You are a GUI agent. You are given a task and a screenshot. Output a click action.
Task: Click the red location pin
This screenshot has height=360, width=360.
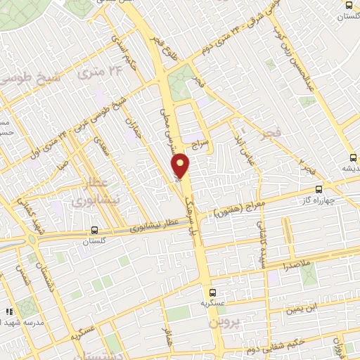[x=181, y=166]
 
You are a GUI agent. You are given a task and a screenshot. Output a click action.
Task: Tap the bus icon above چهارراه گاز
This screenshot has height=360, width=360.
[x=319, y=188]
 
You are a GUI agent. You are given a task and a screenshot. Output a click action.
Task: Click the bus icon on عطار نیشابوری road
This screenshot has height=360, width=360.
[x=94, y=230]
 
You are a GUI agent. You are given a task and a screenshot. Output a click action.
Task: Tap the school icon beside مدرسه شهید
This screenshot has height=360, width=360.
[x=9, y=311]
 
